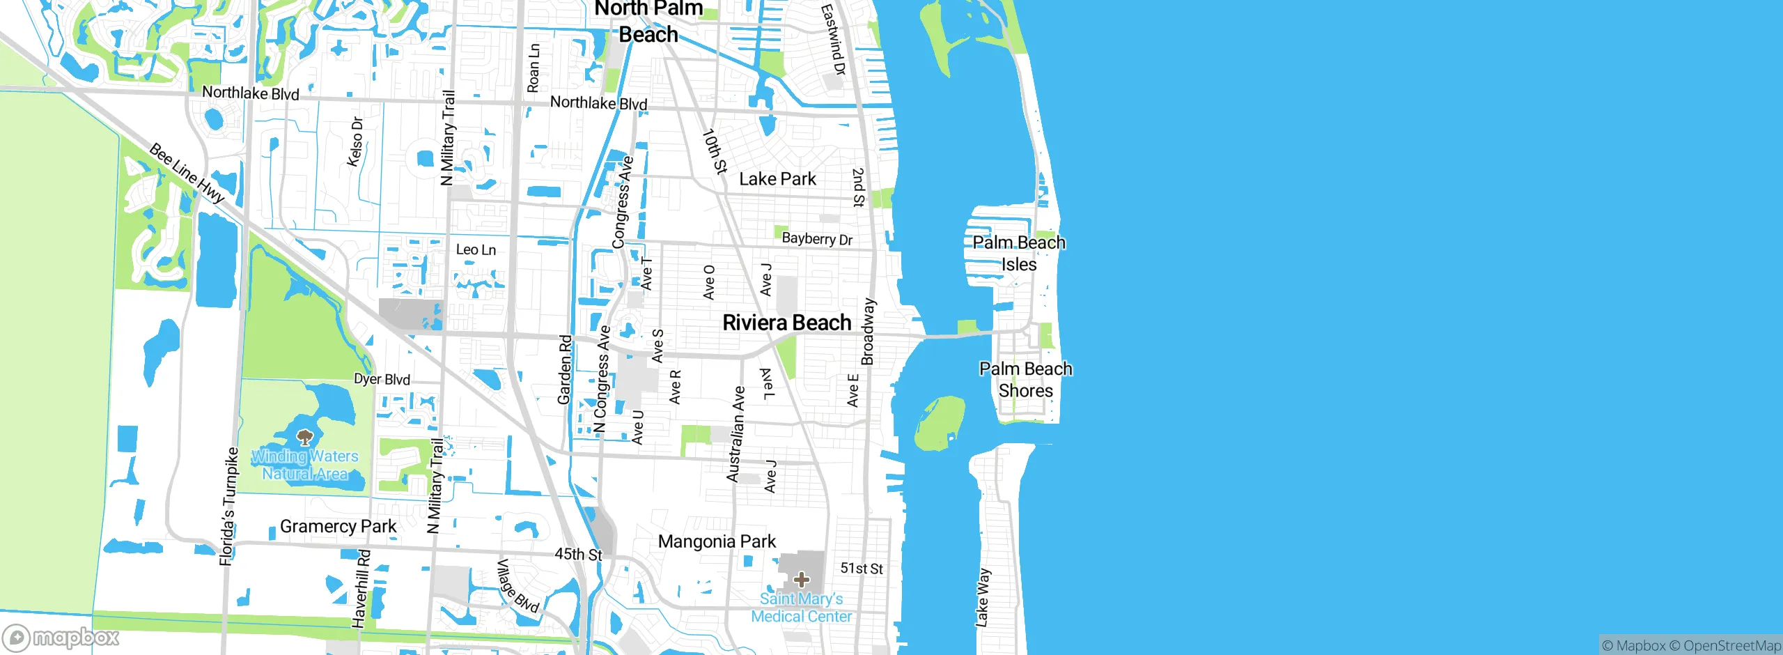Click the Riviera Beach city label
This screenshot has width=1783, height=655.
[x=787, y=323]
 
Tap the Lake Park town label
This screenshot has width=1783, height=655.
[x=777, y=179]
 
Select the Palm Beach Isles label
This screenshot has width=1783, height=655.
[x=1019, y=254]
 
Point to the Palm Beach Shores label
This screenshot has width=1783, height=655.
[x=1025, y=380]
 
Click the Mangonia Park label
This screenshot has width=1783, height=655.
[x=717, y=541]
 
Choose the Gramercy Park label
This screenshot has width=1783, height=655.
[x=338, y=526]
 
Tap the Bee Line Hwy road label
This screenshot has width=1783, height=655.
[x=187, y=173]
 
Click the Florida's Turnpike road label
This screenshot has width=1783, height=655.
[x=228, y=507]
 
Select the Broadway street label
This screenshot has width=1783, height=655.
[x=869, y=332]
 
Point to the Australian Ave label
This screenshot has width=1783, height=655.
[x=735, y=435]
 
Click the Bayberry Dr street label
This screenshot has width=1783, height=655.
[x=817, y=239]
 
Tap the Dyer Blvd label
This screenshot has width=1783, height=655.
[x=382, y=379]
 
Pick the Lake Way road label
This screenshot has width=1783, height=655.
[x=982, y=598]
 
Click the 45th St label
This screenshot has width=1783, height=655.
[x=578, y=555]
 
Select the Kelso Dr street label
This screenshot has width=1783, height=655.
[x=355, y=141]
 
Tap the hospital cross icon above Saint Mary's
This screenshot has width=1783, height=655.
[x=802, y=579]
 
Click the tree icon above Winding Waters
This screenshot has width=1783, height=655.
[x=304, y=438]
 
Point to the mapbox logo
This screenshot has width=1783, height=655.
[x=61, y=637]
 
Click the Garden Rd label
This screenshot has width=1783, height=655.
[x=565, y=370]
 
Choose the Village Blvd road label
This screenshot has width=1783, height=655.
[x=517, y=586]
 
